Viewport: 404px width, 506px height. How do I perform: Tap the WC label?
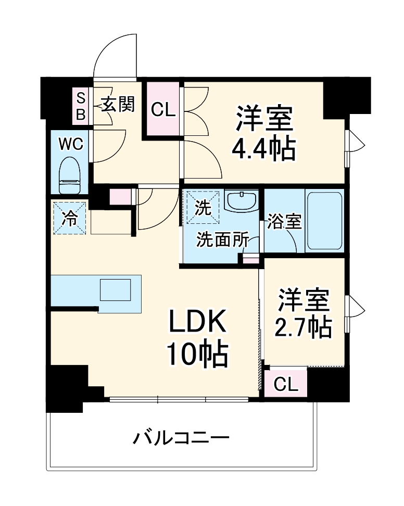click(70, 144)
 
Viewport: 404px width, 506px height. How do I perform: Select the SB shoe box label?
click(80, 106)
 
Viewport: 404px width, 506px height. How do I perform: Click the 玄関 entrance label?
click(118, 105)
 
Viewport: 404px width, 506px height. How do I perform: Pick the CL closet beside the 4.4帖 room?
click(163, 109)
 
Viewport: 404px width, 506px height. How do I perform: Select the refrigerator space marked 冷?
click(69, 218)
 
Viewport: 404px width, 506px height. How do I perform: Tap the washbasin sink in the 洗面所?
click(242, 201)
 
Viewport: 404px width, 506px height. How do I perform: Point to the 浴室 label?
click(284, 221)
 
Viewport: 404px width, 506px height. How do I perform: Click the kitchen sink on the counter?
click(115, 290)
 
